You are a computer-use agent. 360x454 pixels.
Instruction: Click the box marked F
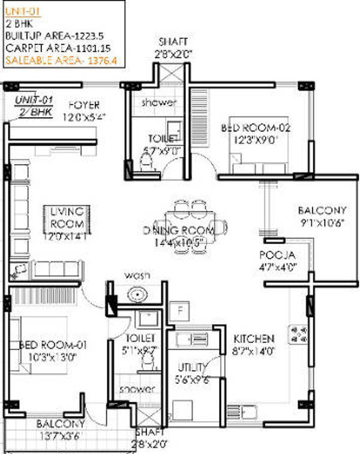point(178,310)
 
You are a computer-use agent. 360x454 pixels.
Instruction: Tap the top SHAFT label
point(173,41)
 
